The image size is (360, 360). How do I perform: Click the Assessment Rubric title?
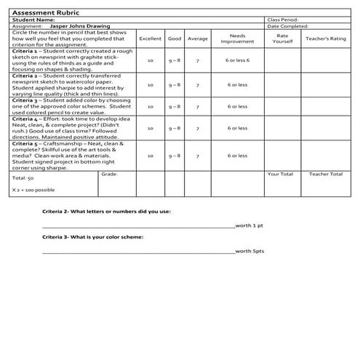point(44,13)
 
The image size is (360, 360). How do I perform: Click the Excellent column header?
point(150,38)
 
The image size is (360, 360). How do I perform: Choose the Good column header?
point(174,38)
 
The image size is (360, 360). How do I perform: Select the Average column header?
point(198,38)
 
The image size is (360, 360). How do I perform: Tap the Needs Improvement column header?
point(237,38)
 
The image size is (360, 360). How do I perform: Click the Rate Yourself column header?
point(283,38)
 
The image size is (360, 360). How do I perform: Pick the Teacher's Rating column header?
point(326,38)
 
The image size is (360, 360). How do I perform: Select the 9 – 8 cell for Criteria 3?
point(174,106)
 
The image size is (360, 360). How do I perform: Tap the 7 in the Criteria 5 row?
point(198,155)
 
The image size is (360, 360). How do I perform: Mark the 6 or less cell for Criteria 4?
point(237,128)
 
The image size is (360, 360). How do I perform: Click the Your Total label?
point(280,175)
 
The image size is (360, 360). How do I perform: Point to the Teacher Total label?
point(326,175)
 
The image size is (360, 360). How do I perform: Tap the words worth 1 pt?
point(249,225)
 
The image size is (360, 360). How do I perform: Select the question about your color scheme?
point(92,238)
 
